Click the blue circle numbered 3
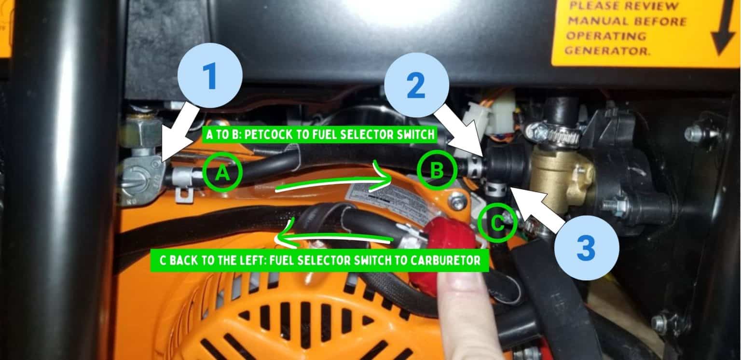coord(586,249)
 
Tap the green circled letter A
coord(222,173)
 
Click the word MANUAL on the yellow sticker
coord(597,21)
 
